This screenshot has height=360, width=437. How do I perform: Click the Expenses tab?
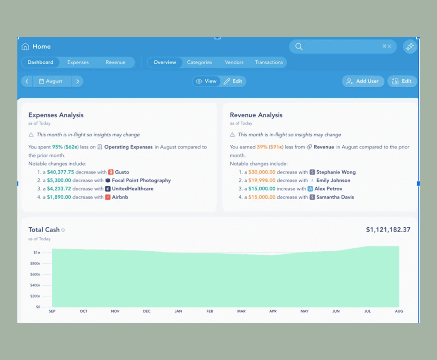(78, 62)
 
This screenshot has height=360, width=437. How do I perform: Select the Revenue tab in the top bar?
(115, 62)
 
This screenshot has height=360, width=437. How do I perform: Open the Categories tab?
(199, 62)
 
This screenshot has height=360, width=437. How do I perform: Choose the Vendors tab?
(234, 62)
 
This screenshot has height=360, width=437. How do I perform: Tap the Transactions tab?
(269, 62)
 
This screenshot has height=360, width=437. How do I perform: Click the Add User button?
(363, 81)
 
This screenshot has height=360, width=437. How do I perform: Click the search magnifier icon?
(298, 47)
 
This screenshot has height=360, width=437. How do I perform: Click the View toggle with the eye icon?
(206, 81)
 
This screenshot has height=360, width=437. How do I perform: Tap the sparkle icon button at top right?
(410, 47)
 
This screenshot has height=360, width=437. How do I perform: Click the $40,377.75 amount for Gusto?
(60, 172)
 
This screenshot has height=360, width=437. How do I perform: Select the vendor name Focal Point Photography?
(141, 181)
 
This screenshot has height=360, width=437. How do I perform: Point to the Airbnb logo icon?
(108, 197)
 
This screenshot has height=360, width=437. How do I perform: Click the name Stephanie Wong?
(336, 172)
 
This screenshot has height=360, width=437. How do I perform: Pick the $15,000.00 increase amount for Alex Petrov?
(262, 189)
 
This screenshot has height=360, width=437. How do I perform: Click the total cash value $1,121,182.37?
(388, 230)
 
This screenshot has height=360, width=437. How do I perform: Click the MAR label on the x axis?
(241, 311)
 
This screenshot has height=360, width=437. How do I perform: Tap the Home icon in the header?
(26, 47)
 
